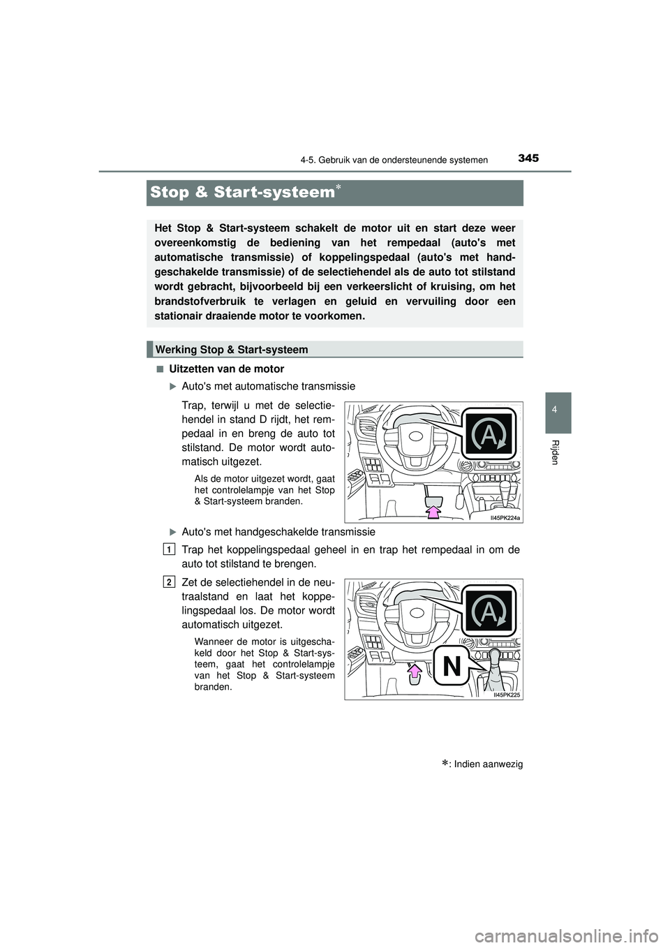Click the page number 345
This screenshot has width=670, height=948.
point(528,158)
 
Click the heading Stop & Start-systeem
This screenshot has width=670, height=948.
point(242,192)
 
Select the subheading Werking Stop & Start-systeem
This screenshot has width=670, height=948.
point(232,349)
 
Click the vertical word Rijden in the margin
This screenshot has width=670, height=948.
point(555,453)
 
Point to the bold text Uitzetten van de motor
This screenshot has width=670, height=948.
point(226,369)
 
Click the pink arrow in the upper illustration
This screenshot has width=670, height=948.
point(434,512)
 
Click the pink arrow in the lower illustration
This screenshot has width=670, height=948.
point(415,672)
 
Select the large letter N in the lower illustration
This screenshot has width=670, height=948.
point(452,667)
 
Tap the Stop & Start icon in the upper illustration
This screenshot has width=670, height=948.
point(489,434)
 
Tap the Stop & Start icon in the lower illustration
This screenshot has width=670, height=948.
point(489,612)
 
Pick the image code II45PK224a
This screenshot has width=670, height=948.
point(505,517)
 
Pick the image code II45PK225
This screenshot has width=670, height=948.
point(507,695)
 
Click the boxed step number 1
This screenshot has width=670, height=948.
point(170,549)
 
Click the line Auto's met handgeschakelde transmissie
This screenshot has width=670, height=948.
point(278,532)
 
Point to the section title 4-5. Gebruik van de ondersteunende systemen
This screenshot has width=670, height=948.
point(394,160)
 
